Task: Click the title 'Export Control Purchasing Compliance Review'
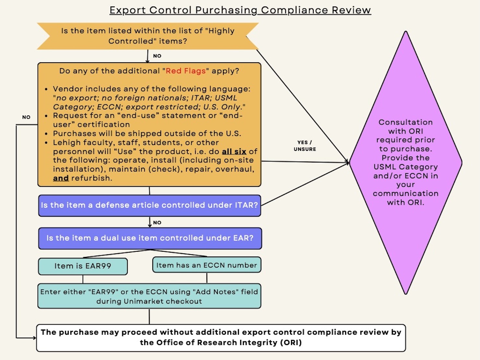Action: (x=240, y=10)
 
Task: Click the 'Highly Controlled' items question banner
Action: (x=147, y=36)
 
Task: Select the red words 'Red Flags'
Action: (x=186, y=71)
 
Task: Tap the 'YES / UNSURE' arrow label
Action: (x=305, y=146)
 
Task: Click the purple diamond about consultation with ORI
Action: (x=405, y=162)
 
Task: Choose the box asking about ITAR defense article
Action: (x=149, y=205)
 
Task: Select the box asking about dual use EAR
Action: (x=150, y=238)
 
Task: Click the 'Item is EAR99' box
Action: (x=83, y=266)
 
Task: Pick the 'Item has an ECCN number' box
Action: (x=206, y=265)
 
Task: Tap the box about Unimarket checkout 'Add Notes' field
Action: (x=149, y=296)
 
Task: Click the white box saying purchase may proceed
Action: (x=221, y=337)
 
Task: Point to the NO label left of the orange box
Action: (x=26, y=117)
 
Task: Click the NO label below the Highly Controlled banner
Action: (x=157, y=56)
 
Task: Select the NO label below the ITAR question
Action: (x=157, y=222)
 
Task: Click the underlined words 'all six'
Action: (x=234, y=151)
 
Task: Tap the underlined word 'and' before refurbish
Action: (x=61, y=178)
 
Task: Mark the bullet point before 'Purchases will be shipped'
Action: (x=46, y=134)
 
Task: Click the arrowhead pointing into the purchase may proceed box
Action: (x=34, y=338)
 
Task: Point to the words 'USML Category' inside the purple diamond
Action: (x=405, y=167)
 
